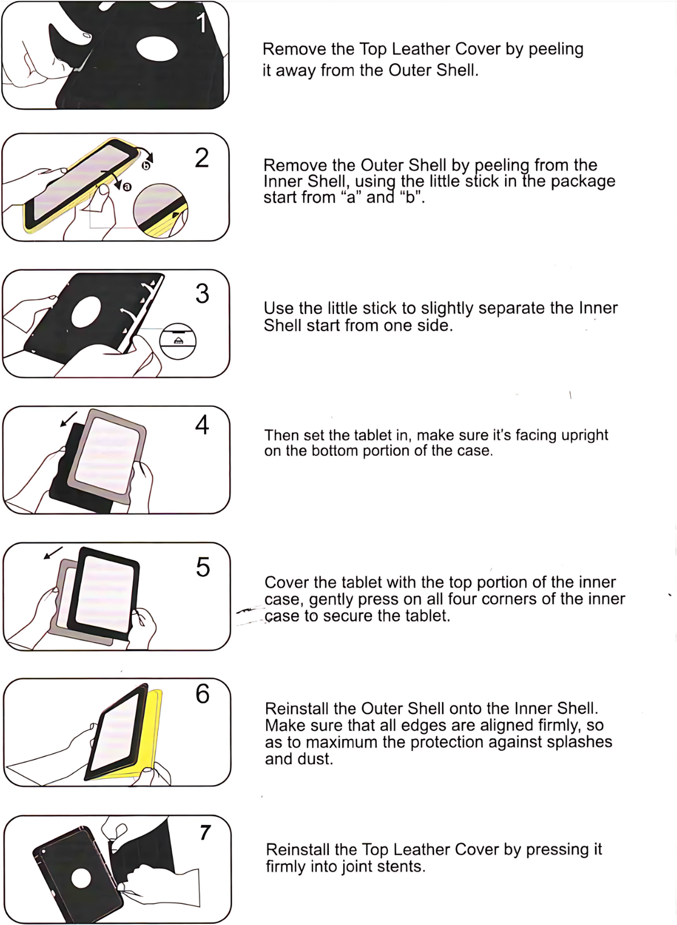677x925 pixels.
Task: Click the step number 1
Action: coord(201,23)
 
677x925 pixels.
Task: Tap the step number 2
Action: coord(202,158)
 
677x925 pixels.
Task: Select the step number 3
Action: coord(203,294)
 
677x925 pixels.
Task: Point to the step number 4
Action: coord(202,425)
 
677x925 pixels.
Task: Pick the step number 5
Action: coord(203,567)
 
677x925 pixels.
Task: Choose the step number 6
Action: coord(203,694)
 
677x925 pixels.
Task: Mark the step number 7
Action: coord(205,832)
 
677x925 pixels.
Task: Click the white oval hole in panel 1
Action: coord(157,49)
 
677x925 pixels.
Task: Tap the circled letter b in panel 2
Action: coord(146,166)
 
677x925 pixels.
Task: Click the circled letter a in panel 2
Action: coord(127,187)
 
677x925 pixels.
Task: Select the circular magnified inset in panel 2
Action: coord(160,210)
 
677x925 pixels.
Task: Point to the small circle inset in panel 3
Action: coord(178,341)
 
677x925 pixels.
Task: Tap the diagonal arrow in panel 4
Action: coord(69,419)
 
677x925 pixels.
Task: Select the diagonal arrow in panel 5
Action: coord(53,553)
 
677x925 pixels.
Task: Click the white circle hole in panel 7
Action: coord(81,878)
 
